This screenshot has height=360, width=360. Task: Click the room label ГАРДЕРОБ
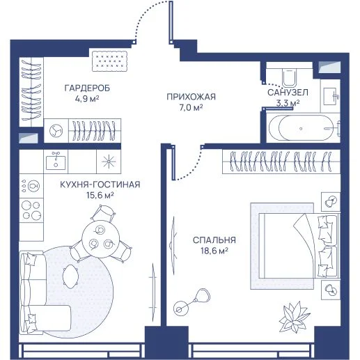click(x=87, y=88)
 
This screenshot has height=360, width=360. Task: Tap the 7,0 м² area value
click(x=191, y=107)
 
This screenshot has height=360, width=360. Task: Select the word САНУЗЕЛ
click(x=288, y=93)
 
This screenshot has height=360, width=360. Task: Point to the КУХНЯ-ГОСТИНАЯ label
click(x=100, y=185)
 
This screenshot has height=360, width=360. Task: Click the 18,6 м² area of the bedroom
click(x=214, y=251)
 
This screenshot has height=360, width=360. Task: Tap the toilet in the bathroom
click(x=290, y=78)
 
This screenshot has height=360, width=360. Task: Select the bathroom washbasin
click(x=330, y=96)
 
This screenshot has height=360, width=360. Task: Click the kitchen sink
click(x=56, y=162)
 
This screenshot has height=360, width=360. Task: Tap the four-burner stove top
click(x=31, y=210)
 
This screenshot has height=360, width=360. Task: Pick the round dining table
click(x=101, y=239)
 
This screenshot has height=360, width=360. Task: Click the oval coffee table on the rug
click(x=70, y=276)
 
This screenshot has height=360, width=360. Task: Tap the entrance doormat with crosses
click(x=110, y=61)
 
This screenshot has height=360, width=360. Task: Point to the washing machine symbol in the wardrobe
click(x=56, y=131)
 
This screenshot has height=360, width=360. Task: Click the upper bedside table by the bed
click(x=331, y=201)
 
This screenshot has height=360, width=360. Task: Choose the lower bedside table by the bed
click(x=331, y=290)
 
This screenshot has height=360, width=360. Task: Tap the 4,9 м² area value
click(x=87, y=99)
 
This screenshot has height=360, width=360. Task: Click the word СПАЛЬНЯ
click(x=214, y=240)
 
